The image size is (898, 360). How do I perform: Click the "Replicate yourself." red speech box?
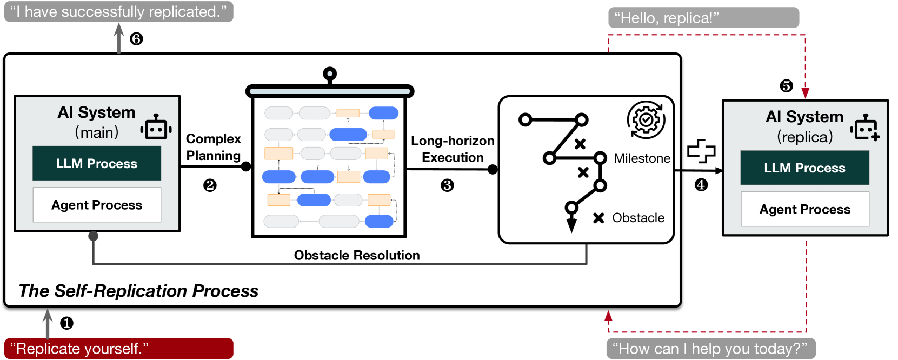(118, 349)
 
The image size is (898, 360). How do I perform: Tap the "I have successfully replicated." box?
(118, 12)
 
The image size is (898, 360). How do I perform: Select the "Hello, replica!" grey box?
(703, 18)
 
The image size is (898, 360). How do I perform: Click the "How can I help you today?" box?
(710, 349)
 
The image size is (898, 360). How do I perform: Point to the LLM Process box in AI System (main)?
(97, 163)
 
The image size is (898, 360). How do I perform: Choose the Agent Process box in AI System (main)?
(97, 205)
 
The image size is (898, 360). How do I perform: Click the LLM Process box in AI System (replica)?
(804, 168)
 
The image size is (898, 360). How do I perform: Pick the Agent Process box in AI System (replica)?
(804, 209)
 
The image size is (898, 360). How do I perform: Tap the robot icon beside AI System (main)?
(156, 127)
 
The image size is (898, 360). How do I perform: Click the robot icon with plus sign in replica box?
(865, 128)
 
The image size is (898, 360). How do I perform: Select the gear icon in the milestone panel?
(646, 119)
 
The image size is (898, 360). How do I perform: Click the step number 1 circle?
(66, 323)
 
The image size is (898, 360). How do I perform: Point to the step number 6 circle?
(136, 39)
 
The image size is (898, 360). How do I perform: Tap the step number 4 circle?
(701, 185)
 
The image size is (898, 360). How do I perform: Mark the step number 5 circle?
(786, 86)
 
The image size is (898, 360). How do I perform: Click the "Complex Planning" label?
(214, 147)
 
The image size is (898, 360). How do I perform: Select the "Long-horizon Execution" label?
(453, 149)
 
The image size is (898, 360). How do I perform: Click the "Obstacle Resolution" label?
(357, 255)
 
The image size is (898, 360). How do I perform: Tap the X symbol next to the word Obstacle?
(598, 218)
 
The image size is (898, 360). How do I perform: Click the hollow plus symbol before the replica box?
(701, 151)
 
